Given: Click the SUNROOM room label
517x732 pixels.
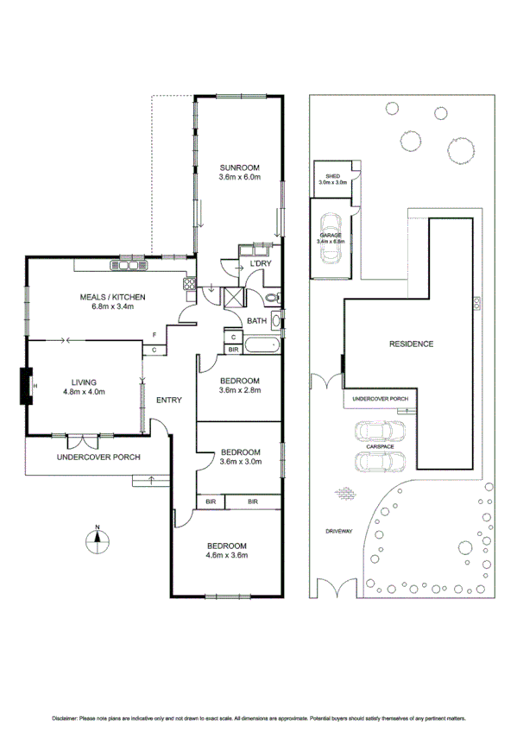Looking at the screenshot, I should click(x=239, y=167).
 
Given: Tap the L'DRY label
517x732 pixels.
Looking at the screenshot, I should click(x=261, y=264).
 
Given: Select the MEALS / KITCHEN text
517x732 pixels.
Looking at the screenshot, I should click(x=112, y=297).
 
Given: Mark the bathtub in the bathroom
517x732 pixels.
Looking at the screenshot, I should click(x=262, y=347).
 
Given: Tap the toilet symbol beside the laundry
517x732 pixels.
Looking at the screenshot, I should click(x=271, y=299).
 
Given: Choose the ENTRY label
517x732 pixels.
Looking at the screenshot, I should click(x=168, y=401).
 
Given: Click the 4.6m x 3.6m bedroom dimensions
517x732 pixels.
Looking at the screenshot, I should click(x=226, y=555).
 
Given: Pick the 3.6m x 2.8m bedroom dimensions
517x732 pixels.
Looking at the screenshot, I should click(x=239, y=391).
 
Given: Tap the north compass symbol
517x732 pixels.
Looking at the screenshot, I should click(x=98, y=541).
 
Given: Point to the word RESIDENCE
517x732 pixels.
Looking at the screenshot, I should click(x=410, y=344).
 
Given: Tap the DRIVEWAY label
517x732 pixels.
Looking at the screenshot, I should click(x=338, y=532).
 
